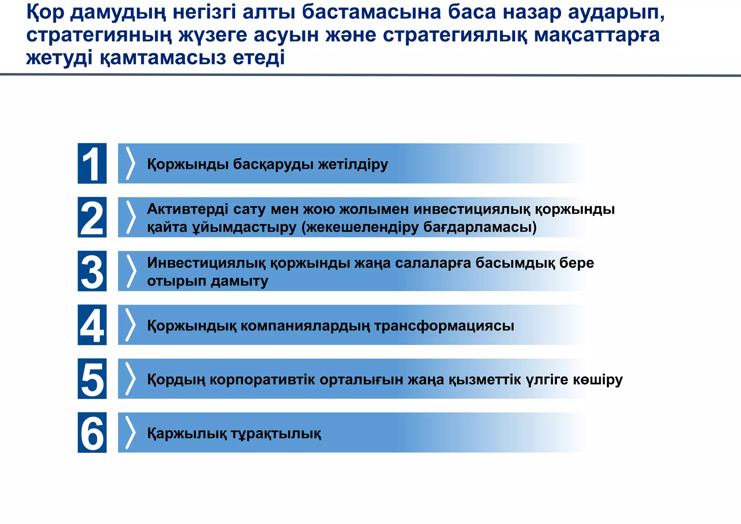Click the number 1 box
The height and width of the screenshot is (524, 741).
pos(92,163)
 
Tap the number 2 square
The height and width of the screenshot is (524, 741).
pos(92,217)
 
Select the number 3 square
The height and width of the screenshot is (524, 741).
pos(92,271)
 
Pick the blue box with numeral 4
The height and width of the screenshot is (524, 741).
pos(92,325)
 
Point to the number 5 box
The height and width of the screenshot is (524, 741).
pos(92,379)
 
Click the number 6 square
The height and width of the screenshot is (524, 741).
pos(92,432)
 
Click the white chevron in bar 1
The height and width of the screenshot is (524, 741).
pos(130,163)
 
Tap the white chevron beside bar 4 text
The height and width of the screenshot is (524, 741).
pos(130,325)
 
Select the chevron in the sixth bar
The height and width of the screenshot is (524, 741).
pos(130,432)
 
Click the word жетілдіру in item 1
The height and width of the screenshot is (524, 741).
pos(353,164)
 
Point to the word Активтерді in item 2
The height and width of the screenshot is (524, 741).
pos(187,209)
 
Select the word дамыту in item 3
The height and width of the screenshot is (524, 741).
pos(239,281)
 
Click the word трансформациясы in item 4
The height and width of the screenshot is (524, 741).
pos(444,326)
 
